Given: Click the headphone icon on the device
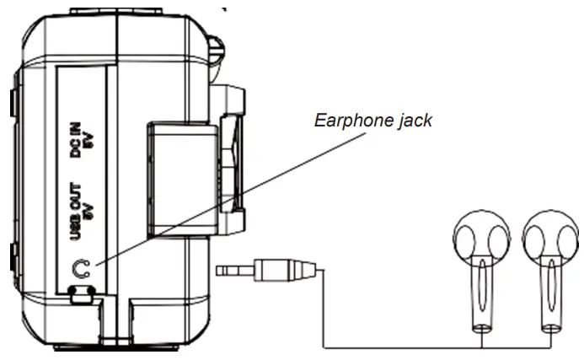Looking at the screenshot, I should point(81,268).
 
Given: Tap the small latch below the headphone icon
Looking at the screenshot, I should point(81,293).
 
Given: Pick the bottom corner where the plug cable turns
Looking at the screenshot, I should point(325,345).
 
